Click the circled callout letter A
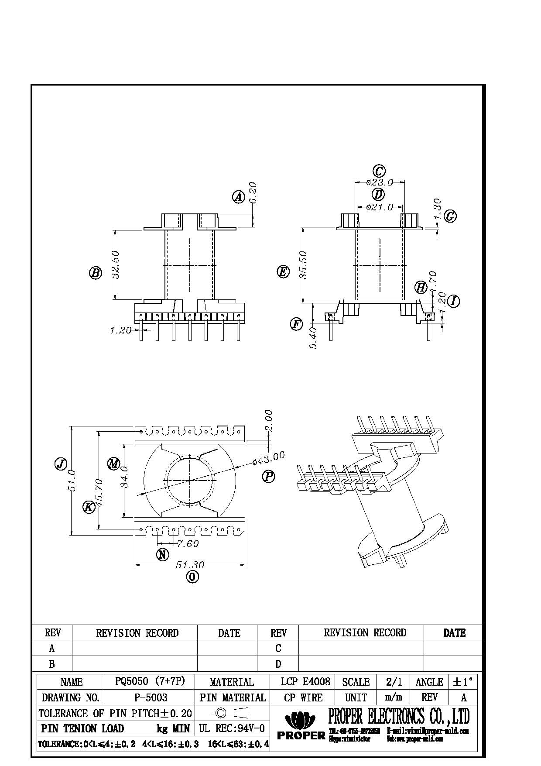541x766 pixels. click(x=238, y=197)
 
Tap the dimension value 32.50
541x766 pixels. click(x=116, y=264)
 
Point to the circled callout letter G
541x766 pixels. click(x=450, y=216)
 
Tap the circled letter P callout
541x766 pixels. click(x=268, y=476)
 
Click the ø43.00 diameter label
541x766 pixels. click(x=268, y=458)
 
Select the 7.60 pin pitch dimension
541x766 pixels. click(x=188, y=543)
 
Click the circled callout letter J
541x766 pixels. click(x=61, y=464)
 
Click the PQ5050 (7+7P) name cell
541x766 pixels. click(x=150, y=681)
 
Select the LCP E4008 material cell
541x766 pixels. click(x=305, y=681)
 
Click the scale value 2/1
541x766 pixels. click(x=394, y=681)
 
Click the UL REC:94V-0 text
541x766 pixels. click(x=232, y=728)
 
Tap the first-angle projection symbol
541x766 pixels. click(x=232, y=713)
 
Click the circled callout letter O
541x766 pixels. click(x=192, y=577)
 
